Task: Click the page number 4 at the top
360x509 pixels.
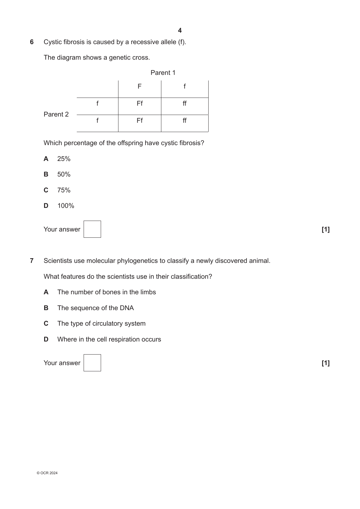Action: pos(180,30)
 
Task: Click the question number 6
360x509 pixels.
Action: pos(32,42)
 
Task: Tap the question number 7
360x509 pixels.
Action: pos(32,261)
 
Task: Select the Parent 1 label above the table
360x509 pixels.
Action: pos(163,73)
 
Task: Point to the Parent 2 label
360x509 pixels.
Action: pos(56,114)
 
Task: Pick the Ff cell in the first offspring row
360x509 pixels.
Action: pos(140,103)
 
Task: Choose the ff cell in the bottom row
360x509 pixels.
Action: pos(185,121)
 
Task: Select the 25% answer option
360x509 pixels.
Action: pos(64,159)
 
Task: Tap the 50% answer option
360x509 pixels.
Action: pos(64,174)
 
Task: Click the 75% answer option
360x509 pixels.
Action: pos(64,190)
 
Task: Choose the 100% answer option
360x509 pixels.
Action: pos(66,206)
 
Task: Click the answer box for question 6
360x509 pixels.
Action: pos(92,229)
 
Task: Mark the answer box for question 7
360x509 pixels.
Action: pos(92,363)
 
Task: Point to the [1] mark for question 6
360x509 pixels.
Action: pos(325,230)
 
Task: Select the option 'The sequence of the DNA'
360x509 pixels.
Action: pos(95,308)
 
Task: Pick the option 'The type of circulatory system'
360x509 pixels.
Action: pos(101,323)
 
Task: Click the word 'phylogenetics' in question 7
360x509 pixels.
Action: pos(137,261)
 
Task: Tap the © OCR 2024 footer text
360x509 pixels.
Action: pos(47,473)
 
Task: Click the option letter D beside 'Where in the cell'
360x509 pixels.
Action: pos(46,339)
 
